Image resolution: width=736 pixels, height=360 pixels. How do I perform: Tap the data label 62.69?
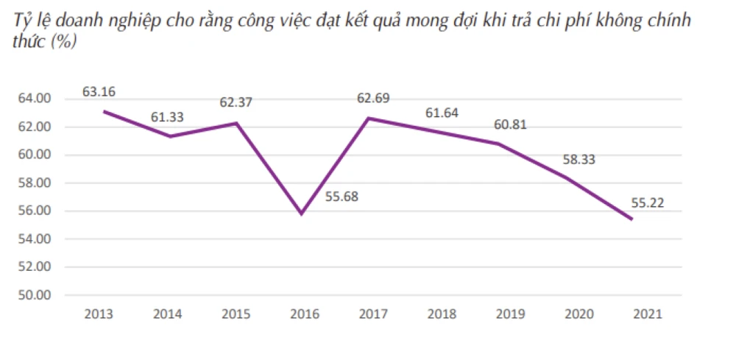(373, 97)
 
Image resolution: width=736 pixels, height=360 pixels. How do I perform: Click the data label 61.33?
(167, 116)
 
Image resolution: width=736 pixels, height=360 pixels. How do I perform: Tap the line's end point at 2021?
(631, 219)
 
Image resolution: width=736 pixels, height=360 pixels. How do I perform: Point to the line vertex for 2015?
(236, 123)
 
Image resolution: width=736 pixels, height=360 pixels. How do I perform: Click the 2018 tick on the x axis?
(442, 314)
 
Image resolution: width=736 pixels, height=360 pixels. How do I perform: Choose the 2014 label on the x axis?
(168, 314)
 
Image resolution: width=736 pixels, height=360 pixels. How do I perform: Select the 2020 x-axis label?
(579, 314)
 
